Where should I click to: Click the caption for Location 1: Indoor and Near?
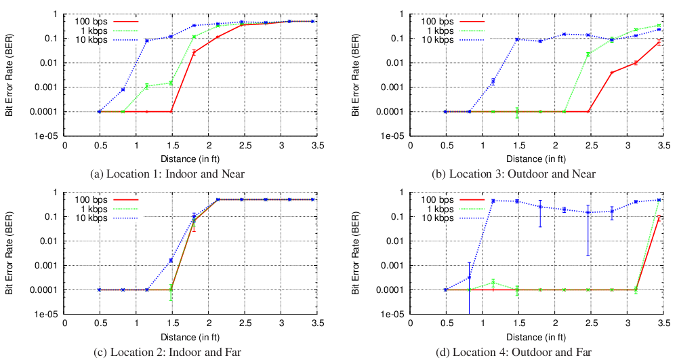[x=167, y=174]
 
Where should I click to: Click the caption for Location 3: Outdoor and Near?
[x=512, y=174]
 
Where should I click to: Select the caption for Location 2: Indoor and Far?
[x=167, y=352]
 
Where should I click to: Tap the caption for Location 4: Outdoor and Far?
[x=512, y=352]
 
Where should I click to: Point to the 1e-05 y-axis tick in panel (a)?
[x=49, y=136]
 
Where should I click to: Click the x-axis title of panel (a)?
[x=194, y=159]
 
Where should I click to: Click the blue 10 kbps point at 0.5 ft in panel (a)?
[x=100, y=112]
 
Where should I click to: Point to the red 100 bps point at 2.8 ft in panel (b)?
[x=612, y=73]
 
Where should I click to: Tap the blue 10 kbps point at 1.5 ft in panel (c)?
[x=171, y=260]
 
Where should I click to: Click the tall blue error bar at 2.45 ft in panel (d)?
[x=588, y=231]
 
